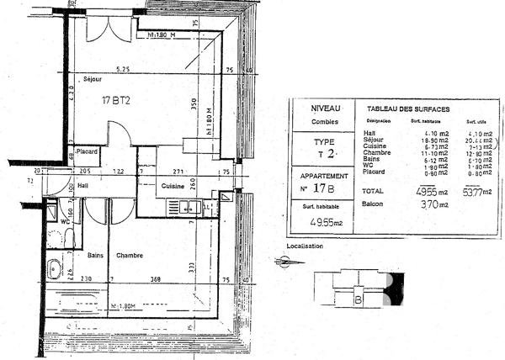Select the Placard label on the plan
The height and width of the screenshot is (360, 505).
coord(88,151)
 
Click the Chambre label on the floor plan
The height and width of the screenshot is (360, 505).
coord(129,256)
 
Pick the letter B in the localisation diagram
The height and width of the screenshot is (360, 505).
coord(359,299)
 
